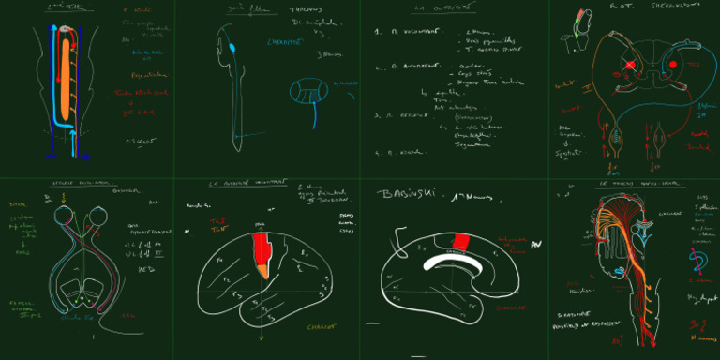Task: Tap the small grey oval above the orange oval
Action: tap(63, 30)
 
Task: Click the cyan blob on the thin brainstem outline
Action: tap(231, 46)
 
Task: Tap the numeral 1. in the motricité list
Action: tap(377, 32)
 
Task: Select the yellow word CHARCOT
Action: tap(322, 327)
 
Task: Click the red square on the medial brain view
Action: tap(459, 242)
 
